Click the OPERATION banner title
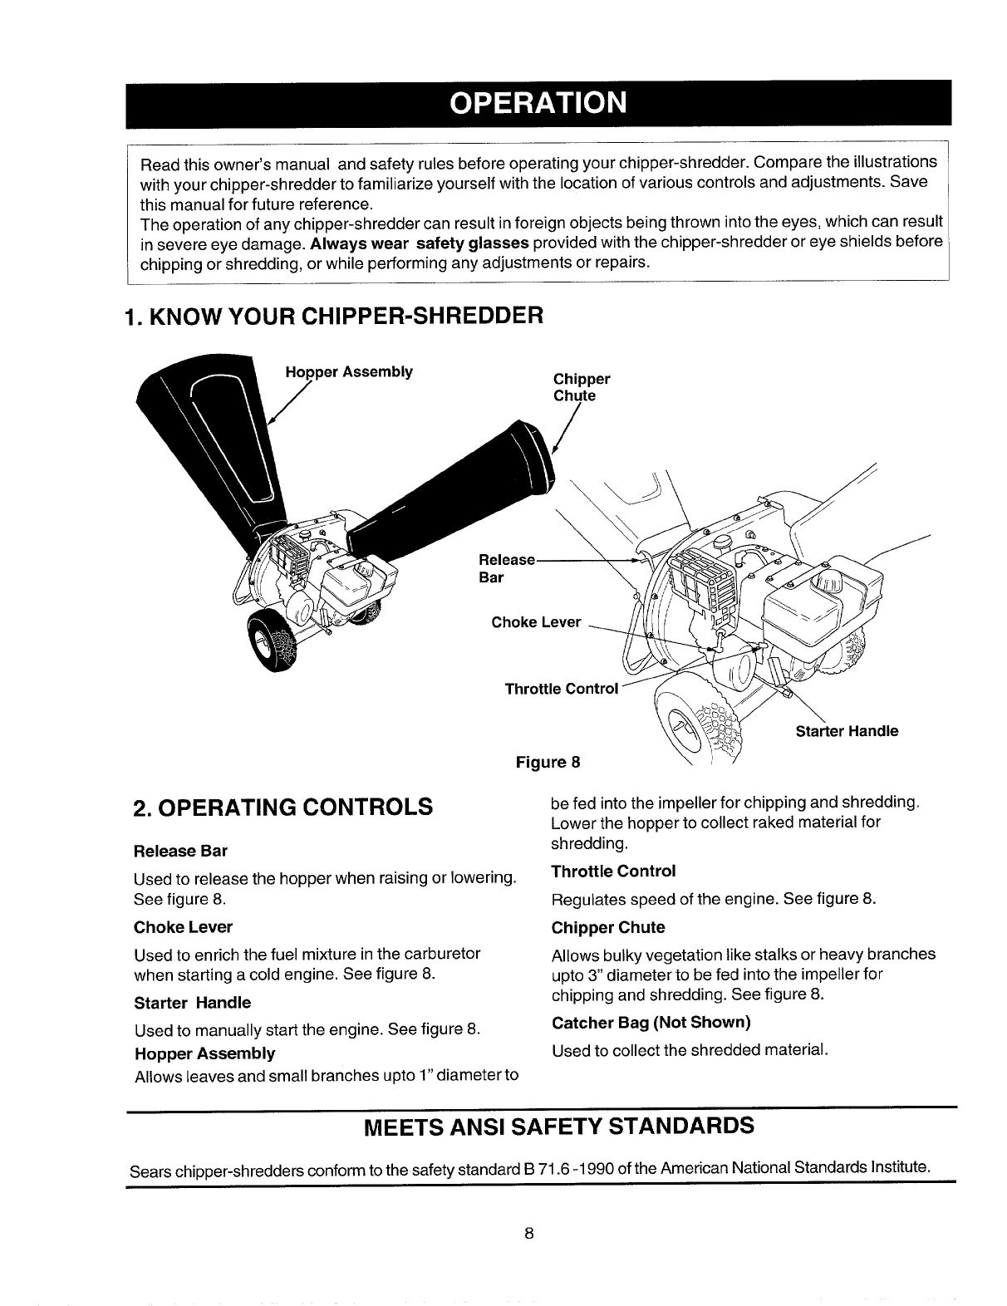(x=537, y=103)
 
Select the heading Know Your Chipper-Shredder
(x=333, y=317)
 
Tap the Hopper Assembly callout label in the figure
(x=349, y=371)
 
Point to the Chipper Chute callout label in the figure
(x=582, y=387)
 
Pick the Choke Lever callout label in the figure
(x=536, y=622)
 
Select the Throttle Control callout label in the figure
(x=562, y=689)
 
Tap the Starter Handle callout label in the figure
(x=847, y=732)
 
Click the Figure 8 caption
(x=548, y=761)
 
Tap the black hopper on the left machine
(x=216, y=432)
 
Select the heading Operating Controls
(x=283, y=807)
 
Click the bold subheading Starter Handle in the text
(x=192, y=1002)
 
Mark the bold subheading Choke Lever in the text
(x=183, y=926)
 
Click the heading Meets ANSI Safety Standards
(x=560, y=1127)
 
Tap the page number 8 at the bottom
(x=528, y=1232)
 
